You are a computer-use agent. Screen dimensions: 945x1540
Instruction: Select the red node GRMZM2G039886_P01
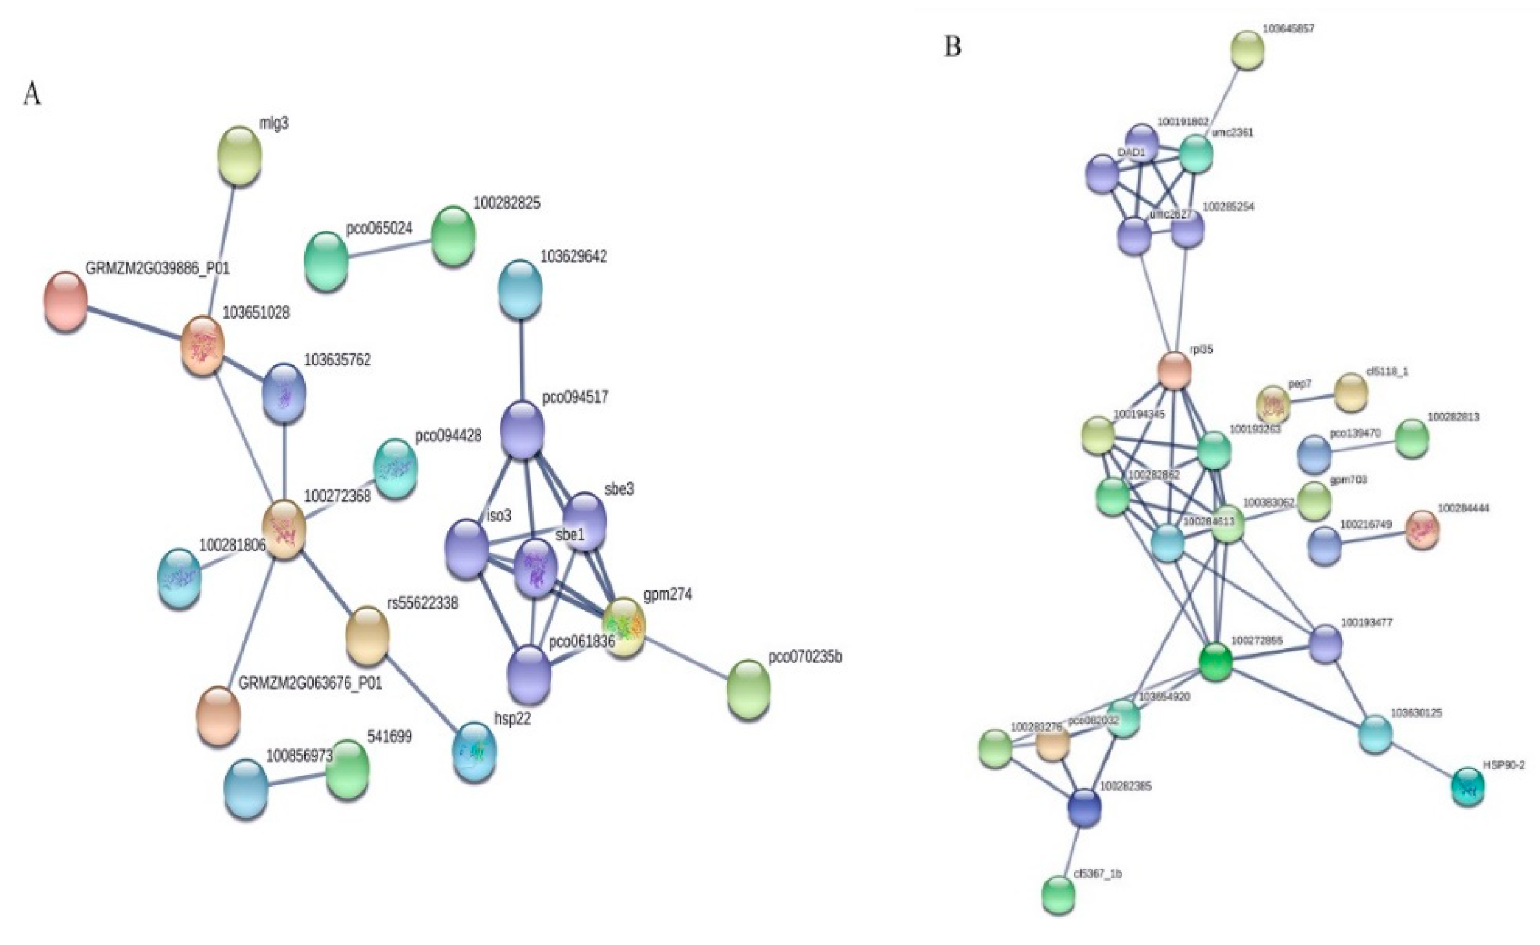[65, 301]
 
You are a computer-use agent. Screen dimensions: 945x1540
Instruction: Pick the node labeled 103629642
[520, 289]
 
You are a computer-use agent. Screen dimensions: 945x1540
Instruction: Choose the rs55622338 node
[367, 636]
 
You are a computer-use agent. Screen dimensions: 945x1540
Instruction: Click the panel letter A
[32, 95]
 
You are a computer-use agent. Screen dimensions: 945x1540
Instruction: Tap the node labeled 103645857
[1247, 50]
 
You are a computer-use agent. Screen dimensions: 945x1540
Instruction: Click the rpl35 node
[1174, 371]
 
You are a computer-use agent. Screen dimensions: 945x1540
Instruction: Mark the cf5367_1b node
[1059, 895]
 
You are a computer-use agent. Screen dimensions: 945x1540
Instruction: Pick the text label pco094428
[448, 435]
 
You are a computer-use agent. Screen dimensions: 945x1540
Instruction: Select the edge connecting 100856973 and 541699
[296, 779]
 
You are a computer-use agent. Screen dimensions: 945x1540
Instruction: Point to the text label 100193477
[1367, 623]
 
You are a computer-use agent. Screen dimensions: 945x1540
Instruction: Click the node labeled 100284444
[1422, 530]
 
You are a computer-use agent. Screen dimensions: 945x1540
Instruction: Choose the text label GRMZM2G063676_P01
[310, 683]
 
